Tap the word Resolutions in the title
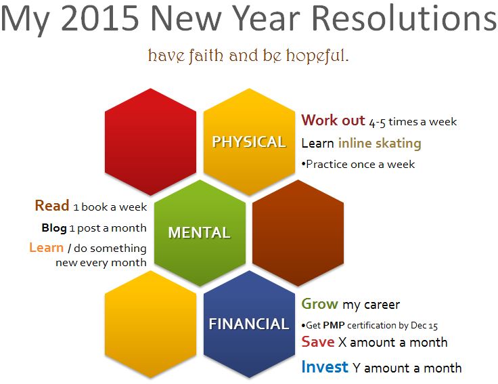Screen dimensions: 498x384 (404, 18)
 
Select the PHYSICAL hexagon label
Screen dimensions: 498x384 (249, 142)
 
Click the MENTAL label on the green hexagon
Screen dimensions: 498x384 (199, 232)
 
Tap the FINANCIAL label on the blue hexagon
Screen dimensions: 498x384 (249, 324)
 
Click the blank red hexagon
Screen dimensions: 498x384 (150, 142)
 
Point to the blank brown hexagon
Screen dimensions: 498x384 (298, 233)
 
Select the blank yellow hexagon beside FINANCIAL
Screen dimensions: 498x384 (150, 324)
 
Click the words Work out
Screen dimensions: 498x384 (333, 121)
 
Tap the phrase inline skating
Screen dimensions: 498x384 (380, 144)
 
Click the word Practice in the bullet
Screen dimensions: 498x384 (327, 165)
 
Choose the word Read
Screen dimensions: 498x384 (52, 205)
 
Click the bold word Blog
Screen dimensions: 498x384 (54, 228)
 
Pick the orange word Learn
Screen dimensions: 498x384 (47, 247)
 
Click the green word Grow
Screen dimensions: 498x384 (319, 304)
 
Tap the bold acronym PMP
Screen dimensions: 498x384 (334, 325)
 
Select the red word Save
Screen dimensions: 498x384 (318, 342)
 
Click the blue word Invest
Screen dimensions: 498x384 (325, 367)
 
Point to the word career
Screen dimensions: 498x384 (382, 305)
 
